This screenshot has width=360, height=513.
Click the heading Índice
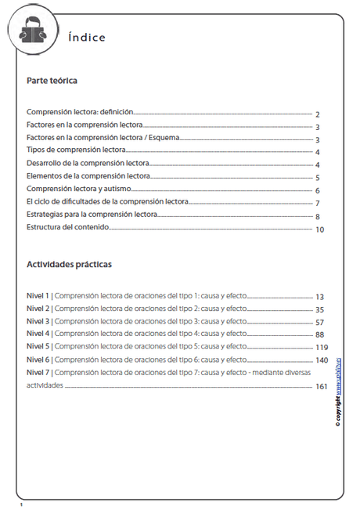tap(86, 38)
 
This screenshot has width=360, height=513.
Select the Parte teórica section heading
tap(52, 81)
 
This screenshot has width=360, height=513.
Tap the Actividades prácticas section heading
tap(69, 264)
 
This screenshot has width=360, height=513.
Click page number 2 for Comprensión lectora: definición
tap(318, 114)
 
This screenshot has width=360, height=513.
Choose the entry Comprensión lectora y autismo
tap(85, 190)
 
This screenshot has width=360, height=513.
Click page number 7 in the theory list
tap(318, 204)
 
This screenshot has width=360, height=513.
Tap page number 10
tap(319, 229)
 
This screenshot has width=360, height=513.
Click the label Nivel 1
tap(38, 296)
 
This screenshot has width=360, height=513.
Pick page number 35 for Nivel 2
tap(319, 310)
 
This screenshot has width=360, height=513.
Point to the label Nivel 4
tap(38, 334)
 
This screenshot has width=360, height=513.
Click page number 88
tap(319, 335)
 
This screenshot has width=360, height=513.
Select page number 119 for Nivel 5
tap(321, 348)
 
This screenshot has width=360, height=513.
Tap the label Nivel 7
tap(38, 372)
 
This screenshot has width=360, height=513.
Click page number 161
tap(321, 386)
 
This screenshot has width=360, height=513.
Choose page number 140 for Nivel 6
tap(321, 360)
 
